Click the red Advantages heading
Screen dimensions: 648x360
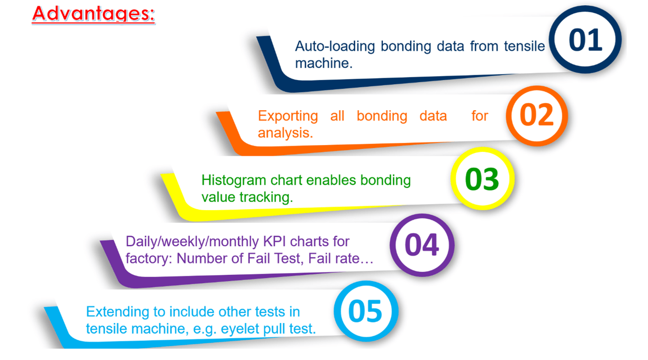pos(93,14)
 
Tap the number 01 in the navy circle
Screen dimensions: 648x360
pos(585,40)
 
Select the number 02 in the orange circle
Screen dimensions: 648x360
pos(537,115)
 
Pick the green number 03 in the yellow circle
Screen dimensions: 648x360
pos(482,179)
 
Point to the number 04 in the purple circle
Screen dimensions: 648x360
pos(422,245)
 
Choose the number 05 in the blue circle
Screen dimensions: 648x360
pos(365,311)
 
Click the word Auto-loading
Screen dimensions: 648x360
pos(335,46)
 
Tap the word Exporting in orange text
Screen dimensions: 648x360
pos(288,116)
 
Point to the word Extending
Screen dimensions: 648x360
pos(118,312)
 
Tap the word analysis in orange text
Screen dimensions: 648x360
pos(285,133)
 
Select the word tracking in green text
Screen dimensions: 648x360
pos(266,197)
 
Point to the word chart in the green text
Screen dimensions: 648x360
pos(286,180)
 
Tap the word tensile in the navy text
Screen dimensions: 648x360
pos(525,46)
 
